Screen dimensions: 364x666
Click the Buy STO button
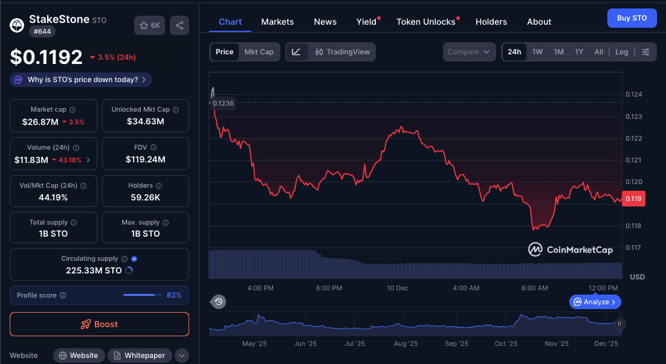click(x=632, y=18)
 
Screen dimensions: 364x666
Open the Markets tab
click(x=277, y=22)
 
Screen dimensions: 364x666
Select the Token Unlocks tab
click(x=426, y=22)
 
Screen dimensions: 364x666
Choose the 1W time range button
click(x=537, y=52)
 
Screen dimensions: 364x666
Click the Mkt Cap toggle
click(x=259, y=52)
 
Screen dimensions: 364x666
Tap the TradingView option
click(x=343, y=52)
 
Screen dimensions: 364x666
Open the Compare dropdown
click(x=469, y=52)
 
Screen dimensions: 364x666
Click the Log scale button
click(x=621, y=52)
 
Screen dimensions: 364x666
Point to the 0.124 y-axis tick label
click(x=634, y=95)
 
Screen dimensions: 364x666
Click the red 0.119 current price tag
click(x=633, y=199)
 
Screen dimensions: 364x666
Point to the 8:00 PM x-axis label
click(x=329, y=288)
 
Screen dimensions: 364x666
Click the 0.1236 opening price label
click(x=223, y=103)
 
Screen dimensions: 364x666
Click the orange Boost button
click(x=99, y=324)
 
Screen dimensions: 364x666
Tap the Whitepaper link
click(x=140, y=356)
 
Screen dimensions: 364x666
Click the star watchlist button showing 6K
click(x=149, y=25)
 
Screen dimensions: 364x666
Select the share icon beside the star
click(x=179, y=25)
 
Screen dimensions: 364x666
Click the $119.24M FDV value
click(x=145, y=159)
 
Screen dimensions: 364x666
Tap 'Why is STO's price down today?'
click(x=81, y=80)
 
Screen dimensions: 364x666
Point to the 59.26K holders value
click(x=145, y=197)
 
